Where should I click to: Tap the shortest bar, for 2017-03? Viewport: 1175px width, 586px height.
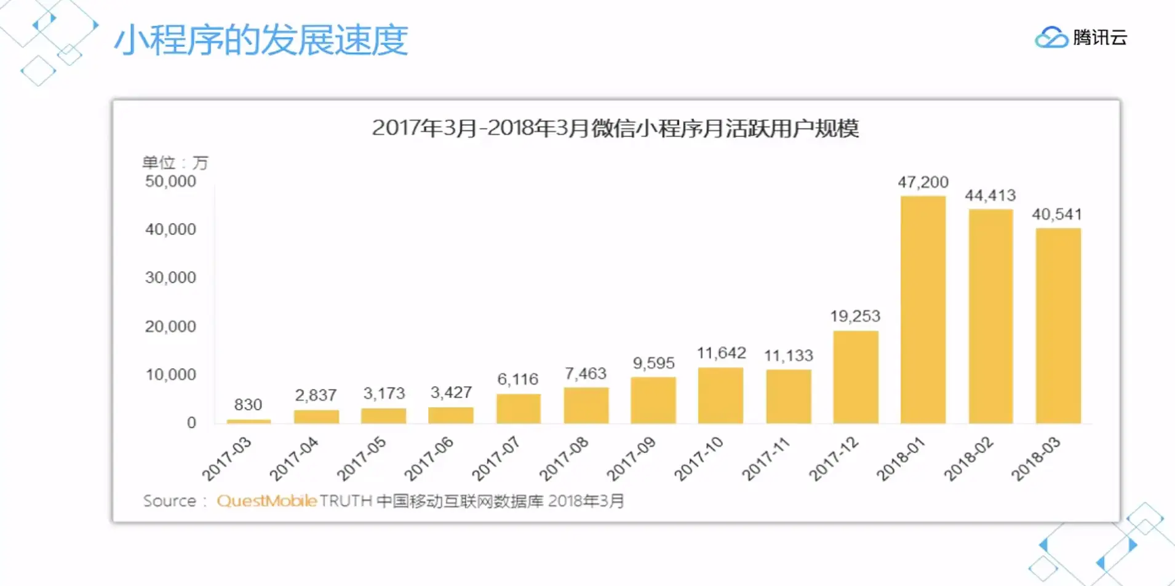pyautogui.click(x=249, y=421)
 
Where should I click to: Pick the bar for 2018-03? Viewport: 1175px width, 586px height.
pyautogui.click(x=1058, y=325)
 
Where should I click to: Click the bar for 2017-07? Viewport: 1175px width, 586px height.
pyautogui.click(x=519, y=408)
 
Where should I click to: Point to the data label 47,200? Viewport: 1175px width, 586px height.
pyautogui.click(x=923, y=182)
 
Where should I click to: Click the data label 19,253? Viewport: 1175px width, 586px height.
pyautogui.click(x=855, y=316)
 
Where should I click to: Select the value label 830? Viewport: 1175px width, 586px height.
pyautogui.click(x=248, y=405)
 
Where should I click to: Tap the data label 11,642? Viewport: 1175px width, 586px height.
pyautogui.click(x=721, y=353)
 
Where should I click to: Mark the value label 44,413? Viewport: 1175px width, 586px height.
pyautogui.click(x=990, y=196)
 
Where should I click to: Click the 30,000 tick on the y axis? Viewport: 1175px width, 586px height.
pyautogui.click(x=170, y=277)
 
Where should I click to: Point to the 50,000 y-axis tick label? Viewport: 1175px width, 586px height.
pyautogui.click(x=170, y=181)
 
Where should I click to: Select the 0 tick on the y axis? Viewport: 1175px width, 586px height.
pyautogui.click(x=191, y=422)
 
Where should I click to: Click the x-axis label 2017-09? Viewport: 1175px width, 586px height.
pyautogui.click(x=632, y=459)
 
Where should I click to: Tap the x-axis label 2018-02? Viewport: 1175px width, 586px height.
pyautogui.click(x=969, y=459)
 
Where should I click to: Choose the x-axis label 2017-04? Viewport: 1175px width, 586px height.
pyautogui.click(x=294, y=459)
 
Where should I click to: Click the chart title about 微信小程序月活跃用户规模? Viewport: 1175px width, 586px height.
pyautogui.click(x=615, y=129)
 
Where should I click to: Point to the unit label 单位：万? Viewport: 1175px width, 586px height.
pyautogui.click(x=175, y=163)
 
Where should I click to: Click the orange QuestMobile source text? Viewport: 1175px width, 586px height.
pyautogui.click(x=266, y=501)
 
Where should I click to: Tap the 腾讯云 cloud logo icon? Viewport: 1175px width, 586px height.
pyautogui.click(x=1051, y=38)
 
